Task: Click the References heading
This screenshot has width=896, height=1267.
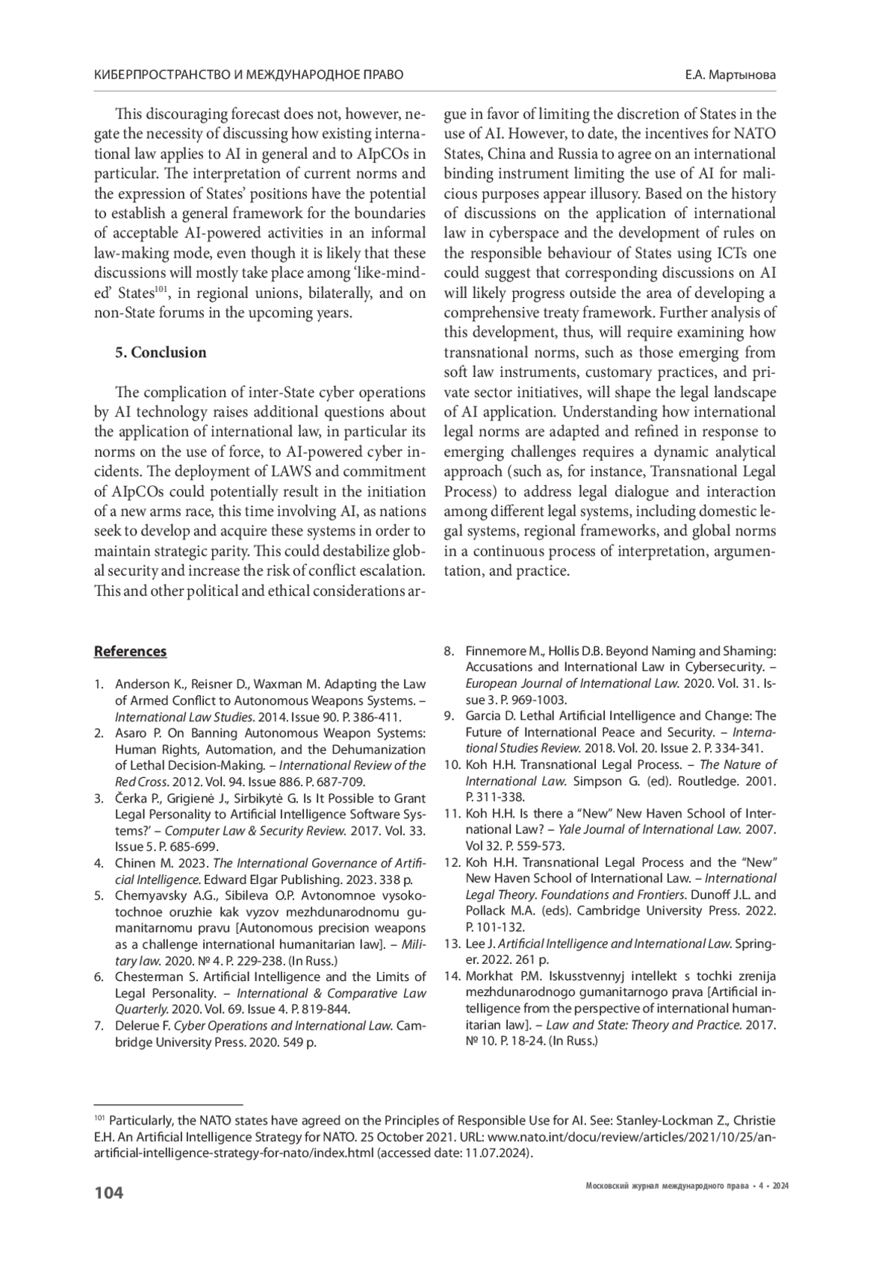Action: pos(130,651)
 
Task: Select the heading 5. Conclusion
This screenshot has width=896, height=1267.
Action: pos(161,352)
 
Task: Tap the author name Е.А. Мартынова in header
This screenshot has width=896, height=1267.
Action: pos(729,75)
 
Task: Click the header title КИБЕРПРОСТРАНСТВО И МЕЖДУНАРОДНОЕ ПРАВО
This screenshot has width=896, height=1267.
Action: pos(249,75)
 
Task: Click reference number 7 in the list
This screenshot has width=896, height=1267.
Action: pos(99,1026)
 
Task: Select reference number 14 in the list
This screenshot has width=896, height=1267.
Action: pos(451,975)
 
